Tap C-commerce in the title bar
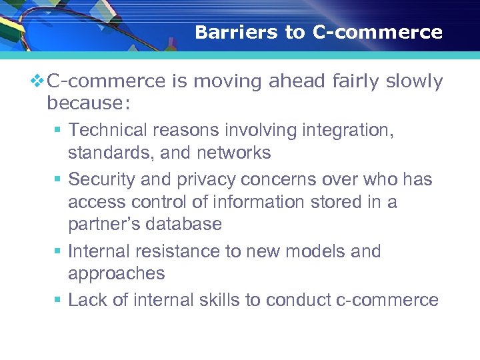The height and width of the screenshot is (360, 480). [x=377, y=33]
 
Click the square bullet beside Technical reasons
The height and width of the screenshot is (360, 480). [x=59, y=130]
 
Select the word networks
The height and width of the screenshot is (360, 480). [x=233, y=153]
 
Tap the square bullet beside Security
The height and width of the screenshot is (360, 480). [x=59, y=180]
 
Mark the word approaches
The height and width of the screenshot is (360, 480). [x=116, y=274]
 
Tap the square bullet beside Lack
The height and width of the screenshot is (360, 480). [x=59, y=300]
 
